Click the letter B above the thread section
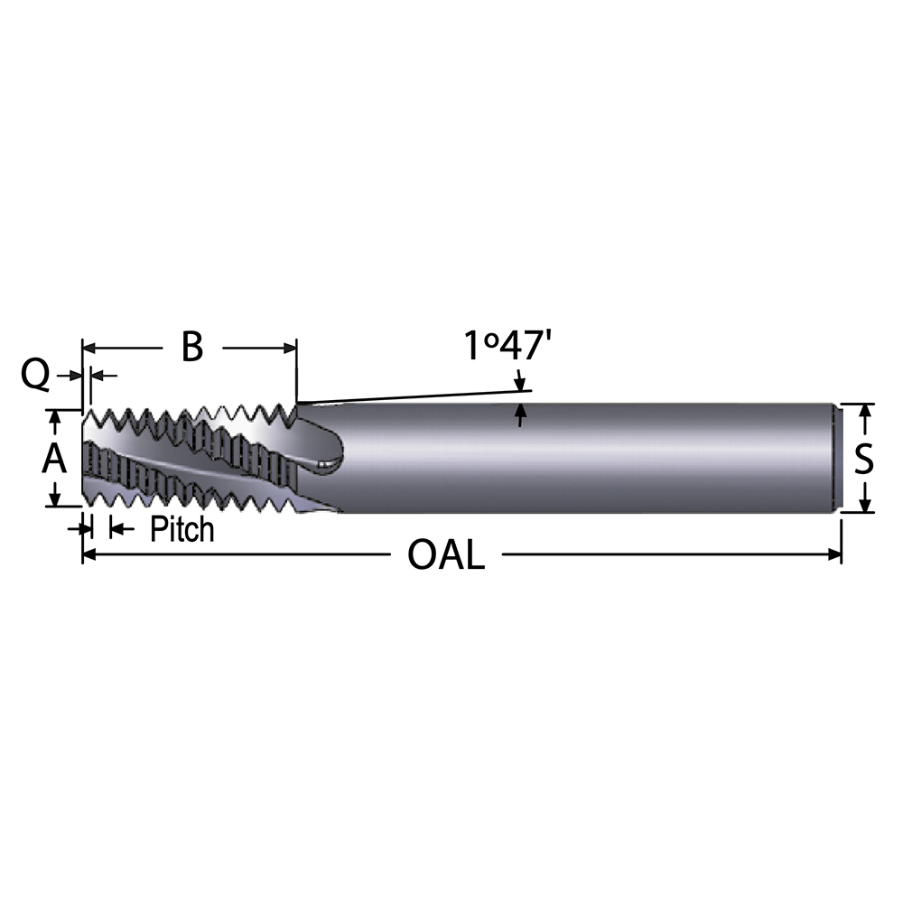(191, 347)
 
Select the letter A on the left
(55, 460)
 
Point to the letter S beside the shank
(864, 460)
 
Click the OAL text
(446, 554)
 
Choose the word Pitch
(182, 529)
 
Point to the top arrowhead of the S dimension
(865, 411)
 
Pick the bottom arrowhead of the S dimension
(865, 506)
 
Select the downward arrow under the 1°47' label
(520, 381)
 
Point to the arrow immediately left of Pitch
(116, 528)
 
